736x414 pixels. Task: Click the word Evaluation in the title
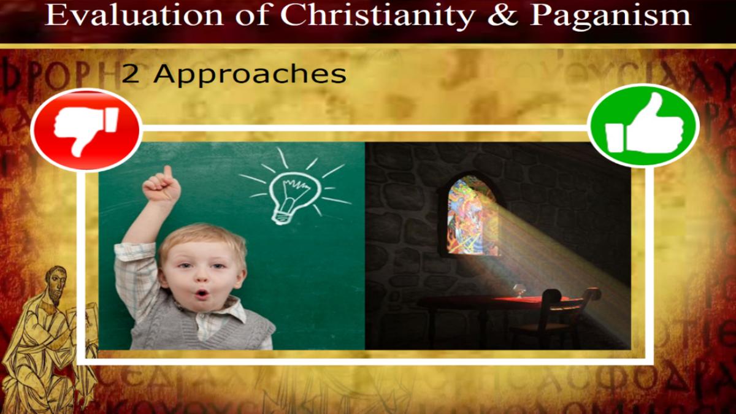click(x=134, y=15)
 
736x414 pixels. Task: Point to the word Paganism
click(x=611, y=17)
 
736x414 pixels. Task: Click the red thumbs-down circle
click(x=86, y=129)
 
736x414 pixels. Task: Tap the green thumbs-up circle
click(x=643, y=126)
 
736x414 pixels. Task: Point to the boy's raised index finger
click(x=168, y=172)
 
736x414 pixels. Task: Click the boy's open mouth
click(x=202, y=293)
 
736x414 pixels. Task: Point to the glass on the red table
click(x=518, y=291)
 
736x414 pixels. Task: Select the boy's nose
click(x=202, y=278)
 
